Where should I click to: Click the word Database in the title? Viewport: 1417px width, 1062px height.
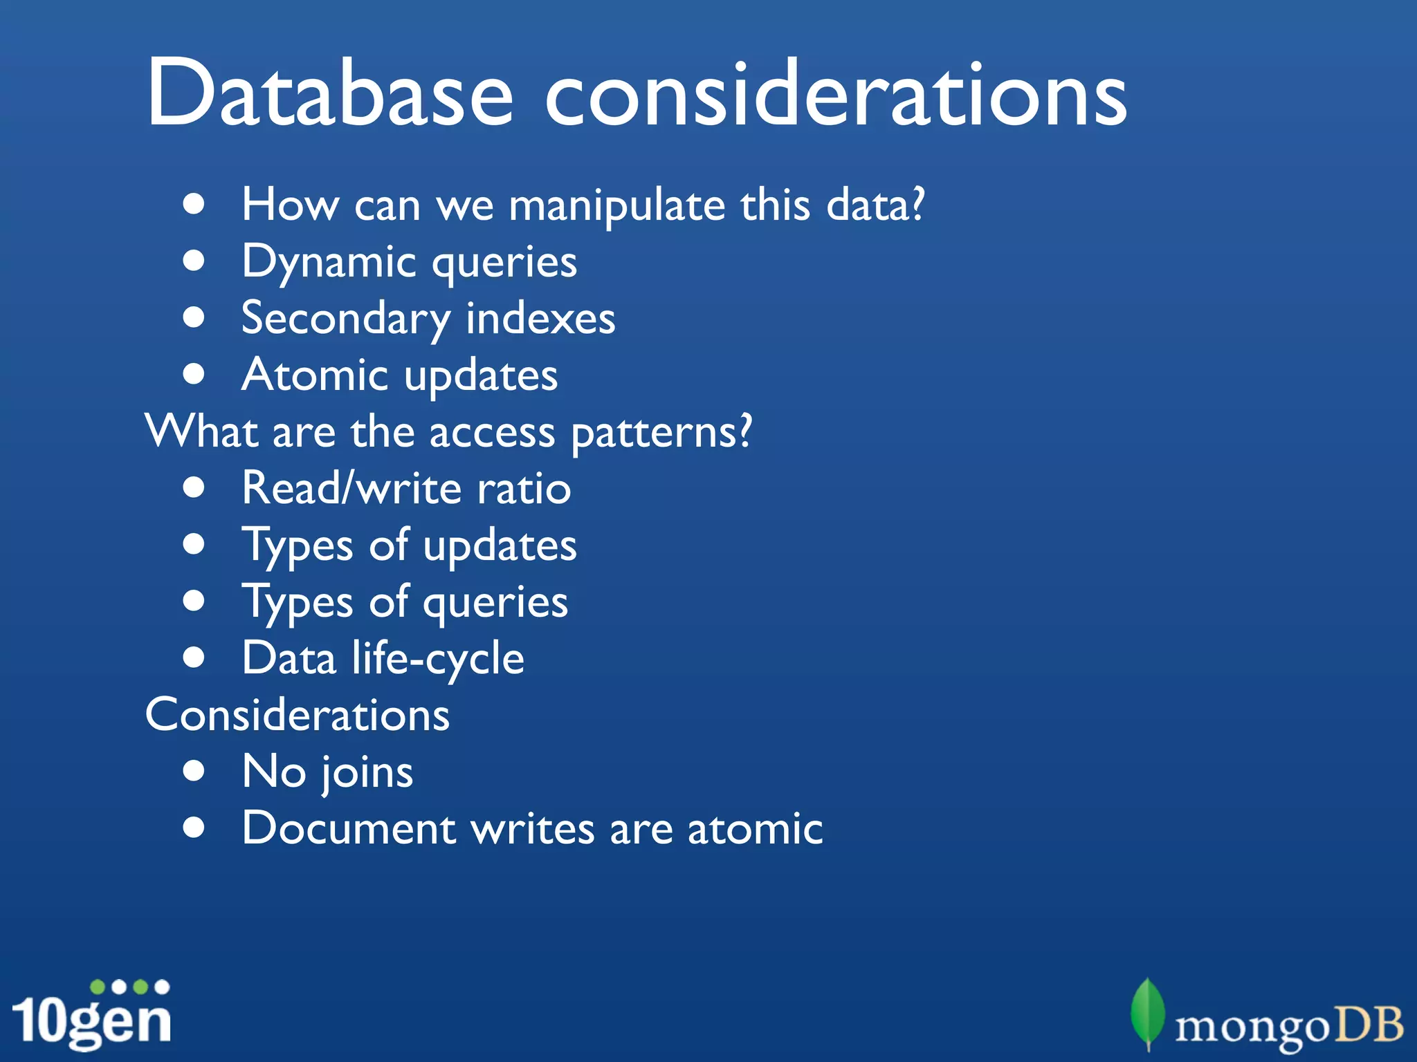point(329,93)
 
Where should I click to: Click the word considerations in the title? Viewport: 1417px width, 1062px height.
point(836,93)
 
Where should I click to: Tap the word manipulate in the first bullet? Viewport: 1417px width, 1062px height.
point(616,206)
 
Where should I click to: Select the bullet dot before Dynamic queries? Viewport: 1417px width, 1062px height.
point(194,261)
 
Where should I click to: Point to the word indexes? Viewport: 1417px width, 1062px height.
point(540,319)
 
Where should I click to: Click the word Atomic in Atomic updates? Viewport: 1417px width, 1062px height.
point(315,375)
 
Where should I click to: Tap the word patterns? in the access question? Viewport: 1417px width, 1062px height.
point(661,433)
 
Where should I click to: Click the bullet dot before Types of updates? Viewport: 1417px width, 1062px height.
point(194,544)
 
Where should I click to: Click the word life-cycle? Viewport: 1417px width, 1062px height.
point(438,658)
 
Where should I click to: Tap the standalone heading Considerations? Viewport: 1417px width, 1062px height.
point(298,715)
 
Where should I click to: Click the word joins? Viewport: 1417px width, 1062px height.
point(367,773)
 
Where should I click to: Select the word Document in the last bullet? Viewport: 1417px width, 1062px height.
point(349,828)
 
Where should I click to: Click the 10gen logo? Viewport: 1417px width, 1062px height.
point(91,1015)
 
